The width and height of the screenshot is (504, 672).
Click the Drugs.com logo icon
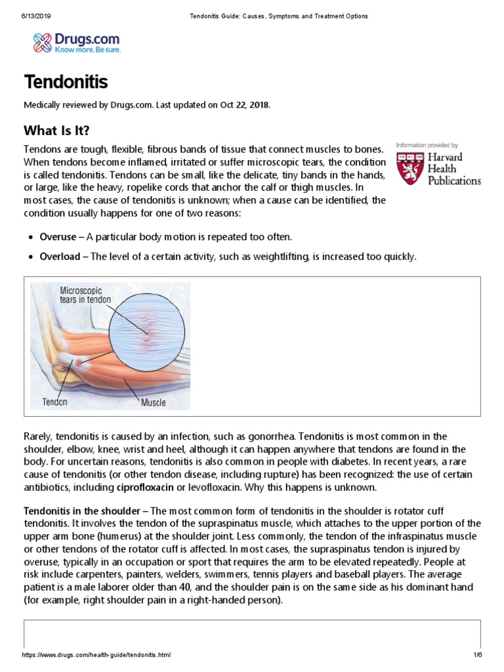tap(43, 43)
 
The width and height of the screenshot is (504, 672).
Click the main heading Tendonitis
tap(66, 83)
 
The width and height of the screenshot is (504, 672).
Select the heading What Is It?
tap(56, 129)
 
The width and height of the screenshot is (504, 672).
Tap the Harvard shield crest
tap(409, 168)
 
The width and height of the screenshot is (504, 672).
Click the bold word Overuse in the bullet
tap(58, 237)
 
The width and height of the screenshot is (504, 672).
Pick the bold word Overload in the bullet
tap(60, 257)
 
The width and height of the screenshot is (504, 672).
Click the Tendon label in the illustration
tap(55, 402)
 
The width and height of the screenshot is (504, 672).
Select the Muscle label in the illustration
tap(154, 402)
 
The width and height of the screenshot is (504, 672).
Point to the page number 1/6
tap(477, 655)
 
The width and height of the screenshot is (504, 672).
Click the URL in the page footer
tap(96, 655)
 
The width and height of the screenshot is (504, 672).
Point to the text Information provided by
tap(427, 145)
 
